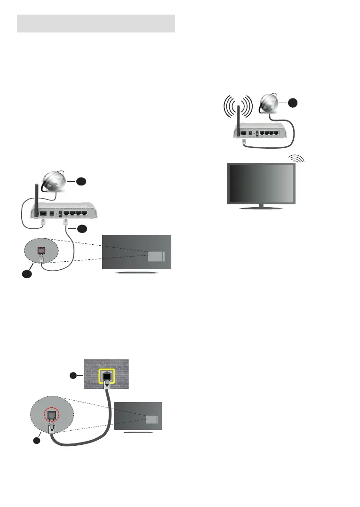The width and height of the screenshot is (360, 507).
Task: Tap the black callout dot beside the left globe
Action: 81,181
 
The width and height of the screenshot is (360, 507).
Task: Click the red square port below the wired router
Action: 41,245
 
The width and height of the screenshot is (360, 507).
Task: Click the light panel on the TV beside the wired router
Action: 155,256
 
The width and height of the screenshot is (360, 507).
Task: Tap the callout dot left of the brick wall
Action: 73,376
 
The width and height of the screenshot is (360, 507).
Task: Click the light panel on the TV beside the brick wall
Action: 152,420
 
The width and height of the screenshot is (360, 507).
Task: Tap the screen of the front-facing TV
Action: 261,183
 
